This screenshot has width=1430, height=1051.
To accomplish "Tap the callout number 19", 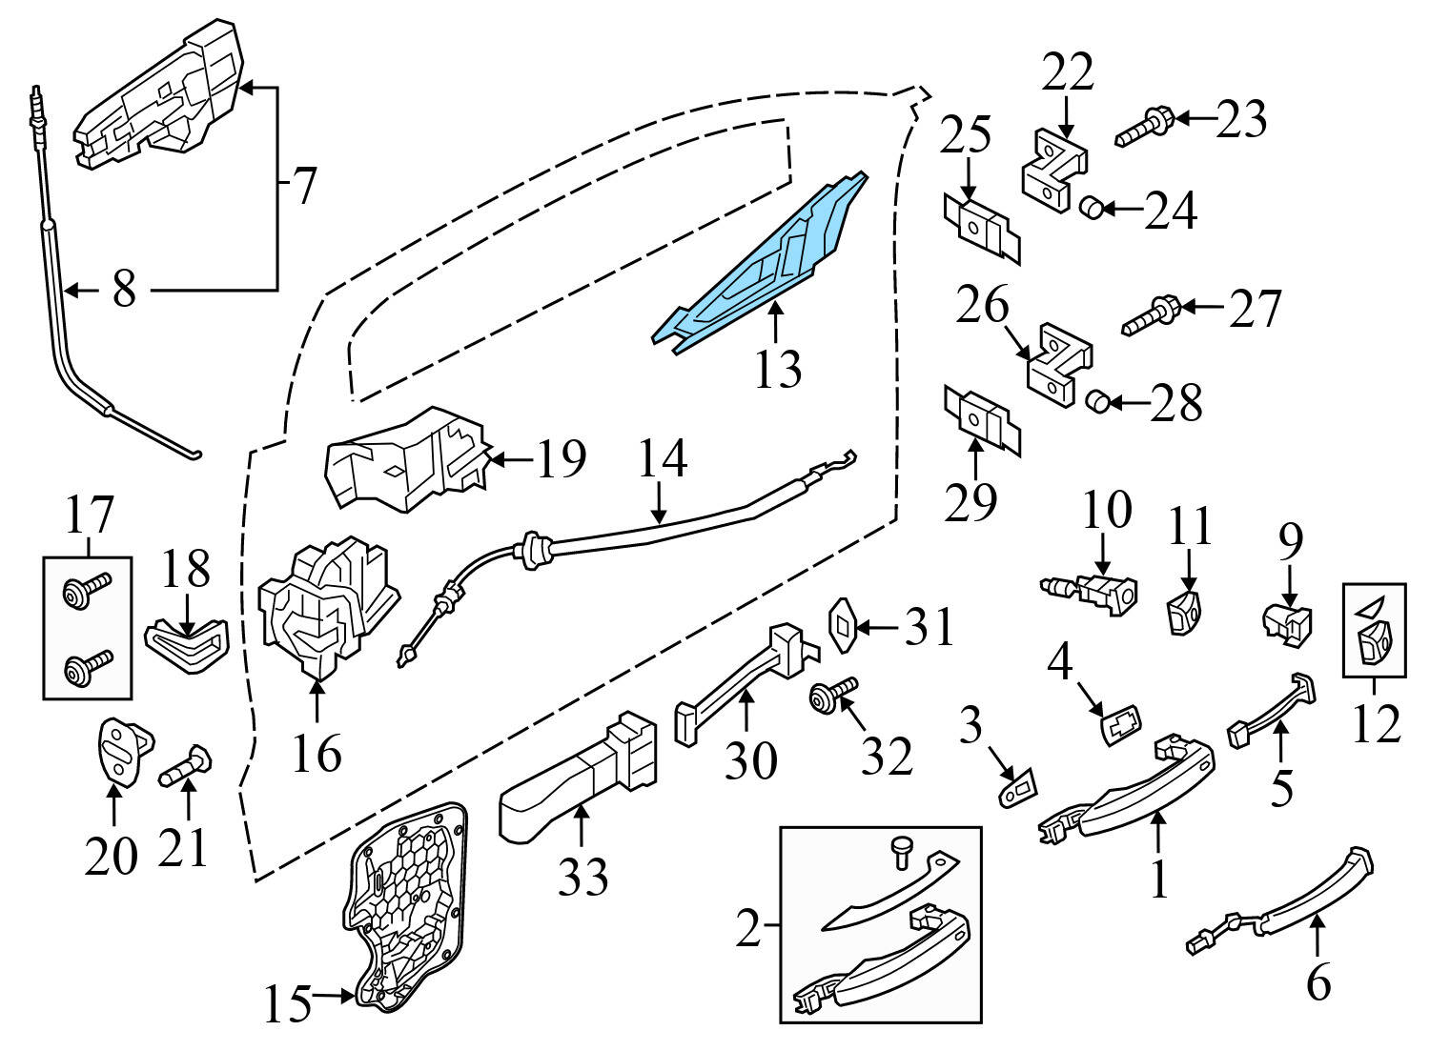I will click(x=560, y=460).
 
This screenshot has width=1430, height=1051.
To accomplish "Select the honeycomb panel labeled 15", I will click(x=405, y=905).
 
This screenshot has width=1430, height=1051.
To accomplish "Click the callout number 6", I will click(x=1318, y=981).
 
